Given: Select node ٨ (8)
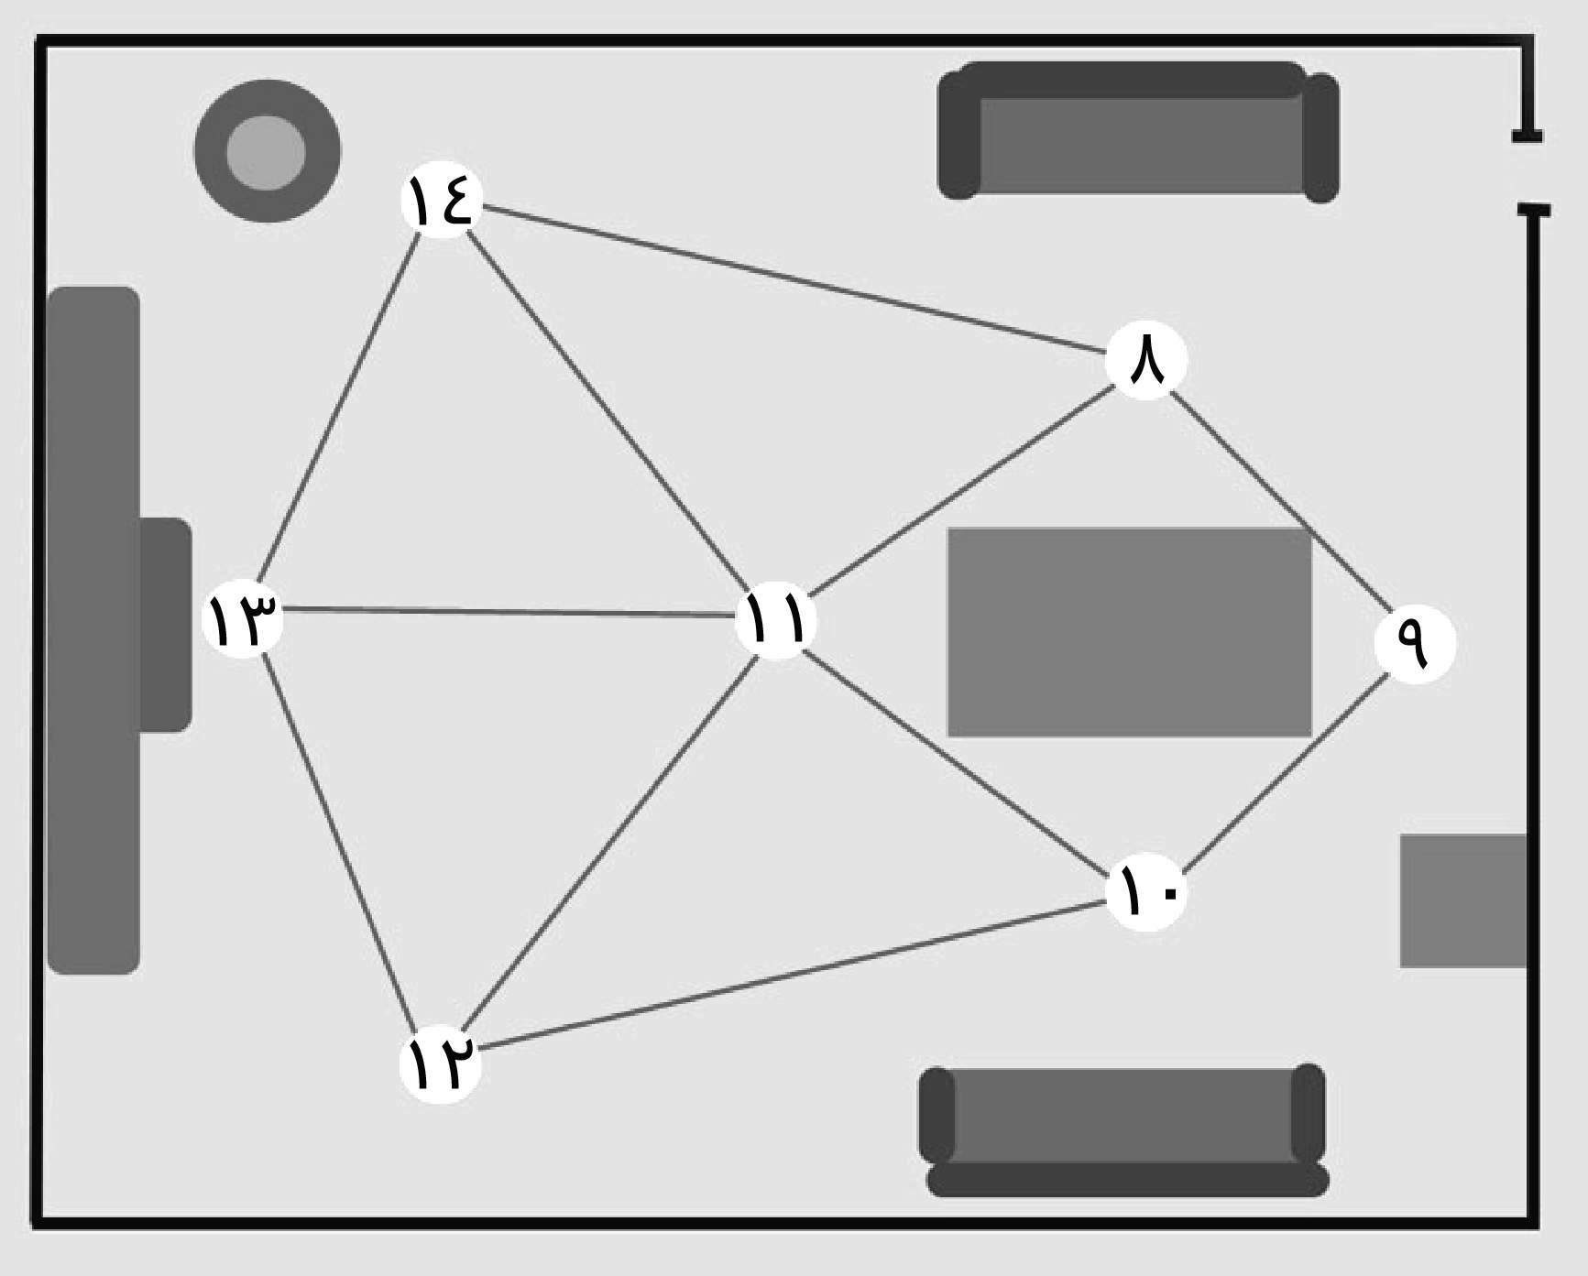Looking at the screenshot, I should click(1145, 360).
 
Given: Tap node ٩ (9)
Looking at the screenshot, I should click(1415, 643).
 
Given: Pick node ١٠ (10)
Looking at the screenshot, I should click(1145, 891).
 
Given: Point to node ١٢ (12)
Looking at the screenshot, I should click(441, 1063).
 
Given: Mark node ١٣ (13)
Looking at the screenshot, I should click(242, 617).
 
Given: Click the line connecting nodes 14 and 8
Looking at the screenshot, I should click(793, 279).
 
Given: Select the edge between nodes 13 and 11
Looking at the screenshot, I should click(509, 612).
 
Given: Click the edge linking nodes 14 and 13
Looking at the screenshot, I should click(341, 408).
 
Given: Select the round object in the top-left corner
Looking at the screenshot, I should click(267, 151).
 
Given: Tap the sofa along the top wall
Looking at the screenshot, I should click(1138, 133).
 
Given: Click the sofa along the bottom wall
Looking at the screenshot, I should click(1123, 1129).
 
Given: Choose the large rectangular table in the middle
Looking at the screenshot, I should click(1129, 632).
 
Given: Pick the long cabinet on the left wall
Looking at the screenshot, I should click(93, 630).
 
